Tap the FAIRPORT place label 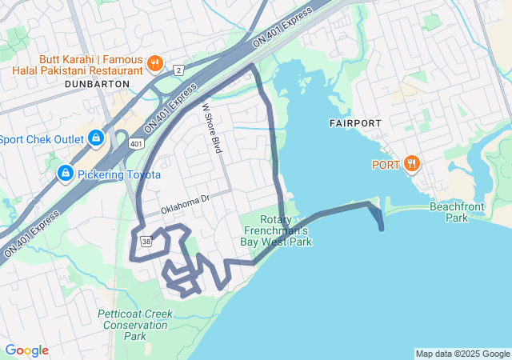[355, 123]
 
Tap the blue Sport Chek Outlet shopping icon [96, 139]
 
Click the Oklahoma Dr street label [184, 204]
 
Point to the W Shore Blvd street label [211, 128]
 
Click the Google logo [26, 350]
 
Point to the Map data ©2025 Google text [462, 354]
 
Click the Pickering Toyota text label [119, 174]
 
